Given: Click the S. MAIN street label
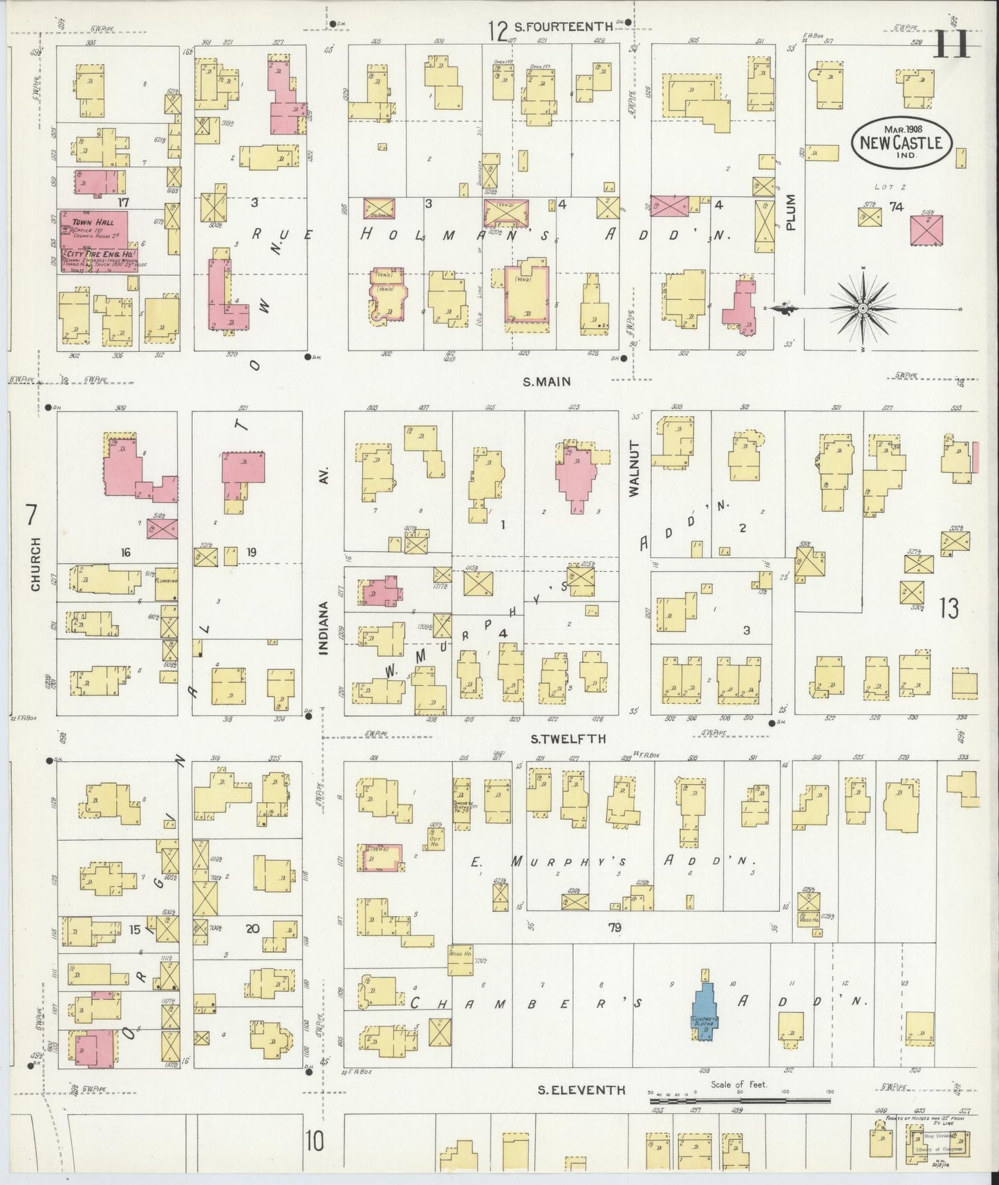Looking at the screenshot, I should [x=547, y=381].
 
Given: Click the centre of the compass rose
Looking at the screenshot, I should [x=863, y=307].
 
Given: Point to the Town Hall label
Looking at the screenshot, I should [x=87, y=223].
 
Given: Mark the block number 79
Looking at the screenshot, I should [x=614, y=928].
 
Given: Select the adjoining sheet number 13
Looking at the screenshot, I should [x=949, y=608].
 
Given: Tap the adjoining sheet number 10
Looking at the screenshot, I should [x=315, y=1141].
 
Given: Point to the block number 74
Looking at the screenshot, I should [x=897, y=206].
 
